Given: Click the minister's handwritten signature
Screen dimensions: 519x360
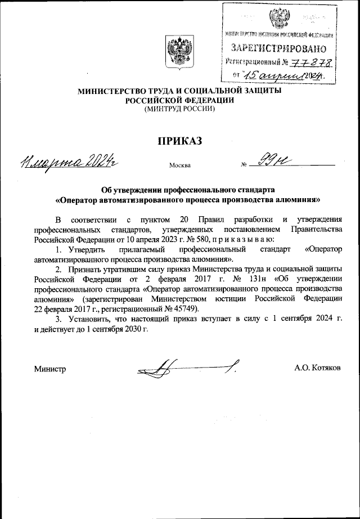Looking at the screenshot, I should pyautogui.click(x=186, y=369).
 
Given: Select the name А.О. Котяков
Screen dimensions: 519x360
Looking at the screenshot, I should pyautogui.click(x=317, y=369).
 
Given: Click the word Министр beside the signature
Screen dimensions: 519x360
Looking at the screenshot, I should pyautogui.click(x=50, y=369).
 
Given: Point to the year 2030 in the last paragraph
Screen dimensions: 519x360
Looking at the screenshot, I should pyautogui.click(x=134, y=329).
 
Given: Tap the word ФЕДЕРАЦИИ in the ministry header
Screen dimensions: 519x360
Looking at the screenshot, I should pyautogui.click(x=209, y=100).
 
